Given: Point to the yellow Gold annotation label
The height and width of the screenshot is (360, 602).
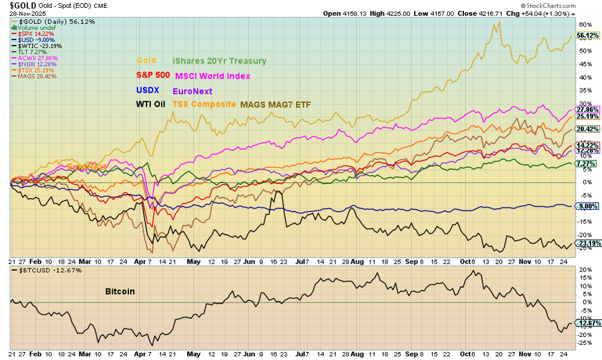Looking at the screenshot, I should coord(145,61).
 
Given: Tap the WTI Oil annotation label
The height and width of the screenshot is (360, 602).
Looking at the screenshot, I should coord(151,104).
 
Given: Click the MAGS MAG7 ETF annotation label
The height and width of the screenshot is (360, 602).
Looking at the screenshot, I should coord(276,104).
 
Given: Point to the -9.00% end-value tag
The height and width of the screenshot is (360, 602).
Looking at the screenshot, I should coord(587,206).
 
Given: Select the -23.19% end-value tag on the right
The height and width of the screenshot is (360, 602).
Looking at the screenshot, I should coord(587,243).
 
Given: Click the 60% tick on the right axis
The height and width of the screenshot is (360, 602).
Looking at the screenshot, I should coord(584,25).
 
